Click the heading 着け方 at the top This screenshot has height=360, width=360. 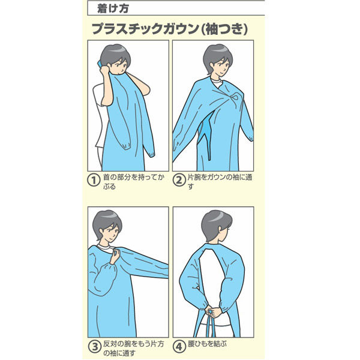tap(113, 8)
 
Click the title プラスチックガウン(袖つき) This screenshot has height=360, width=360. tap(170, 29)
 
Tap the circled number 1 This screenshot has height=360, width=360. tap(94, 180)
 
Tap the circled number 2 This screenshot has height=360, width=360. tap(179, 180)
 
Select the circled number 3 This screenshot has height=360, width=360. tap(95, 347)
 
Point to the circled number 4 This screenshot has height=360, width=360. tap(179, 347)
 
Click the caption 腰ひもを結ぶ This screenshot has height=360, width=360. tap(207, 344)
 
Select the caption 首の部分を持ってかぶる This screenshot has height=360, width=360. tap(134, 182)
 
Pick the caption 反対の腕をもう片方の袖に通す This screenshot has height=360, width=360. tap(134, 348)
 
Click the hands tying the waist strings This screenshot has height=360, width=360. tap(212, 311)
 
